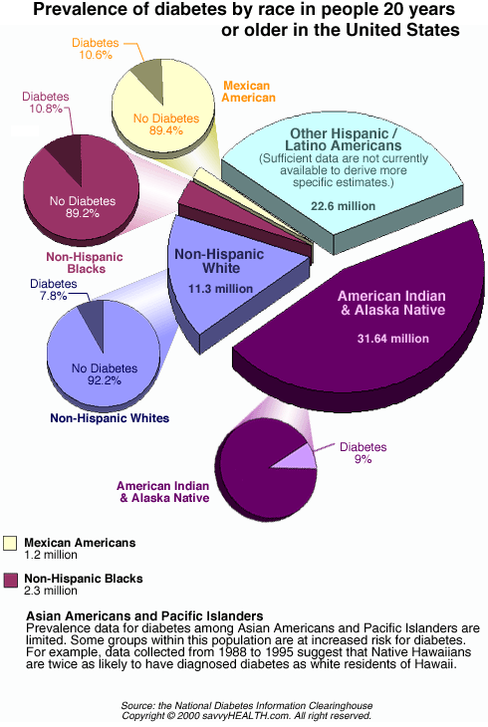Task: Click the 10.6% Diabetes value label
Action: pyautogui.click(x=96, y=55)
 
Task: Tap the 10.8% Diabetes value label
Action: pyautogui.click(x=46, y=109)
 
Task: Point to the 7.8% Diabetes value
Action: pyautogui.click(x=53, y=296)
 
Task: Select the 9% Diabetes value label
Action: pyautogui.click(x=363, y=459)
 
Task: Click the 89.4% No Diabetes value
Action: pyautogui.click(x=166, y=130)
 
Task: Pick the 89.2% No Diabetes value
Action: pyautogui.click(x=83, y=213)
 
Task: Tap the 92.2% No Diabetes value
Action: pyautogui.click(x=105, y=380)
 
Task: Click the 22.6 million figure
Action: pyautogui.click(x=343, y=206)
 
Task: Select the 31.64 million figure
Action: pyautogui.click(x=393, y=339)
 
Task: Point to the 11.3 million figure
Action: pyautogui.click(x=220, y=289)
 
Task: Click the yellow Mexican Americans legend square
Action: pyautogui.click(x=10, y=543)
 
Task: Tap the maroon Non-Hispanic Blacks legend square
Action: pyautogui.click(x=10, y=580)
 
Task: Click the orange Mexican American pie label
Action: pyautogui.click(x=248, y=92)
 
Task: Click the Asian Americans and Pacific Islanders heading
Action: pyautogui.click(x=144, y=615)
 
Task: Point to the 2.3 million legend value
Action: pyautogui.click(x=51, y=591)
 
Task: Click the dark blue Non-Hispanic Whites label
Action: pyautogui.click(x=110, y=418)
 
